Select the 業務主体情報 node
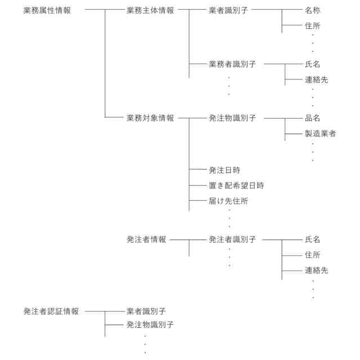[x=150, y=11]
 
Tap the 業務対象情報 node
[x=150, y=118]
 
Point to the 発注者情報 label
[x=146, y=240]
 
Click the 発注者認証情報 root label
[x=51, y=310]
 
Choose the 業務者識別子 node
[x=232, y=65]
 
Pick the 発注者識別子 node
[x=232, y=240]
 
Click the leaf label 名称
[x=313, y=11]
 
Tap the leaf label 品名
[x=313, y=118]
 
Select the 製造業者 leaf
[x=321, y=134]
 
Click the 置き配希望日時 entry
[x=236, y=185]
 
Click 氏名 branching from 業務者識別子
[x=313, y=65]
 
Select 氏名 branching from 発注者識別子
[x=313, y=240]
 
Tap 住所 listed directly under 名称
[x=313, y=26]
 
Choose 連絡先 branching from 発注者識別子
[x=317, y=271]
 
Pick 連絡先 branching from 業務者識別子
[x=317, y=80]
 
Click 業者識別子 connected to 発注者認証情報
[x=146, y=310]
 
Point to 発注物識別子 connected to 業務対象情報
[x=232, y=118]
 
